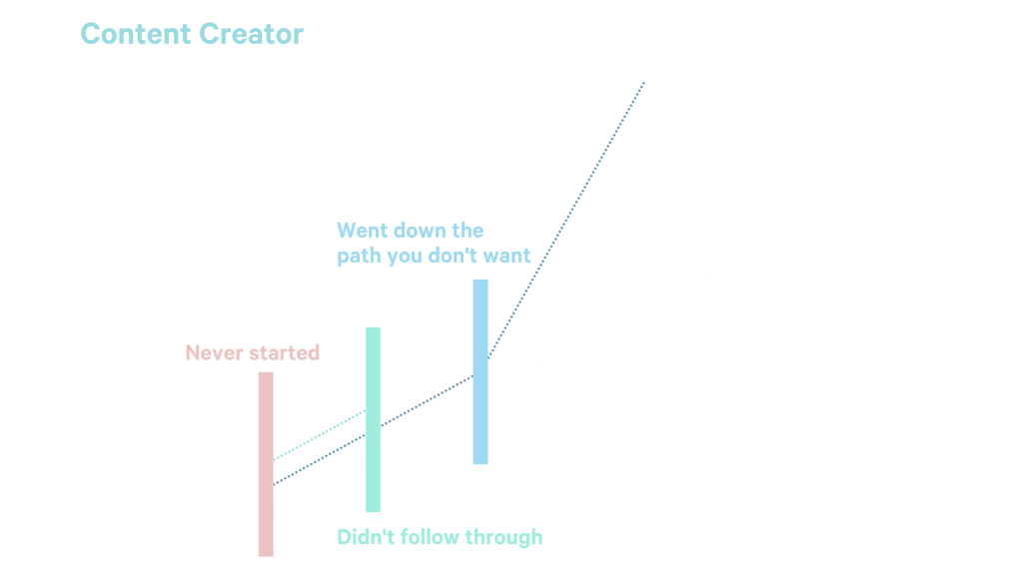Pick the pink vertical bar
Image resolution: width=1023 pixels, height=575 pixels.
pos(265,464)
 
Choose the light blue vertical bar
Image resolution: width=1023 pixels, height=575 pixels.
pos(481,371)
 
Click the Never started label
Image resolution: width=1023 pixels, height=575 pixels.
pos(252,352)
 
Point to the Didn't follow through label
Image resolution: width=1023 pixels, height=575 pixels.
pos(440,537)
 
